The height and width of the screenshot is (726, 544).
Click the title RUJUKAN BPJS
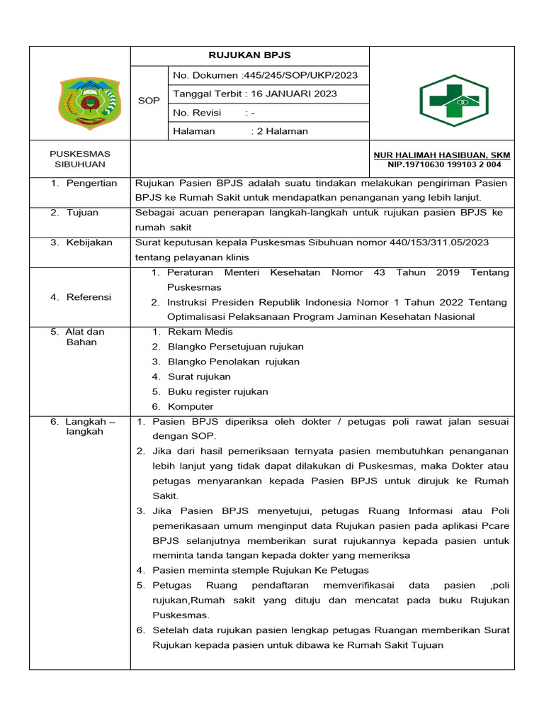pos(249,55)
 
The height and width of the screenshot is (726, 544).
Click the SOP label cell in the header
pos(149,101)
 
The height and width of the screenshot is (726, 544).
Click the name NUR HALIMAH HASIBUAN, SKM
pos(442,155)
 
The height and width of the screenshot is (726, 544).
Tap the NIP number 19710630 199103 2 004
pos(444,164)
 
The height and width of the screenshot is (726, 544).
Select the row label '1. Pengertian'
pos(84,183)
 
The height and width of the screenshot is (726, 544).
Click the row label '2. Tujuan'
pos(74,212)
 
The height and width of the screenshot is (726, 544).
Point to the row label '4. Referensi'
pos(81,297)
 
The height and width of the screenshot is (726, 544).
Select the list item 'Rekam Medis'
pos(200,332)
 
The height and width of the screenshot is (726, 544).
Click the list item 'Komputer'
pos(191,406)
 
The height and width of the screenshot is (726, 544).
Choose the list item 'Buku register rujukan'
pos(217,391)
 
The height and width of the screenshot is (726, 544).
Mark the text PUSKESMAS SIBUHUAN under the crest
pos(80,159)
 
